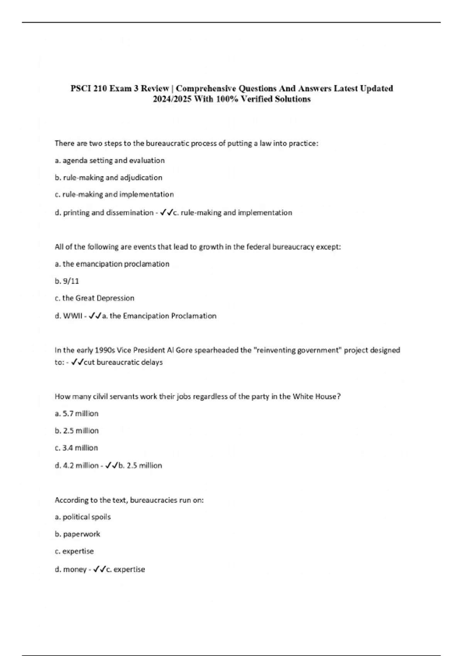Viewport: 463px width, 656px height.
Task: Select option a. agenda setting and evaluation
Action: [110, 161]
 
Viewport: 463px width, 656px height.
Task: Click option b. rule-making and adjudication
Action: [108, 178]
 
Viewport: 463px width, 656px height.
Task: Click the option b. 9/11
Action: [67, 281]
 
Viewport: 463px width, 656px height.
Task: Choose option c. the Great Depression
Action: [95, 298]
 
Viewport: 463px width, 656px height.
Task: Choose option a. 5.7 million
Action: [76, 414]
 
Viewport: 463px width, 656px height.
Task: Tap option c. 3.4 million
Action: [76, 448]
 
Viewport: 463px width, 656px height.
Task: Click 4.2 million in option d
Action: [81, 466]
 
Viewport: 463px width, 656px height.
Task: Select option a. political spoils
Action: [83, 517]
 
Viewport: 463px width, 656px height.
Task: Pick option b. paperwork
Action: [77, 534]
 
